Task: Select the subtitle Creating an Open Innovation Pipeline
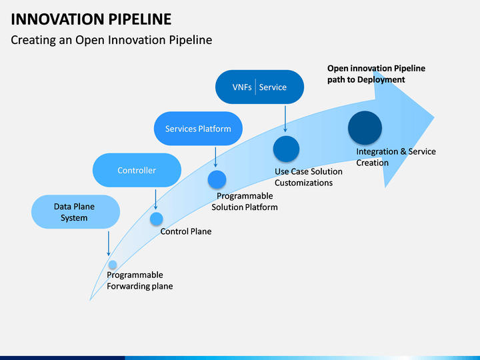coord(111,40)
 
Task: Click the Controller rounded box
coord(137,170)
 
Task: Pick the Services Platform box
coord(198,129)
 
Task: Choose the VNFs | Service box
coord(259,87)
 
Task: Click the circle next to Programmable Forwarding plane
coord(113,265)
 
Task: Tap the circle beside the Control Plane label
coord(156,218)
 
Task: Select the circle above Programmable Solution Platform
coord(217,179)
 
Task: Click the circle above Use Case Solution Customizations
coord(286,149)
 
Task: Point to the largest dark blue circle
coord(365,128)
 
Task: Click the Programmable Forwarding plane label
coord(139,281)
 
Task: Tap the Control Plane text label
coord(185,232)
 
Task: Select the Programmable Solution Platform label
coord(245,201)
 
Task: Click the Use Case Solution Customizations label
coord(308,177)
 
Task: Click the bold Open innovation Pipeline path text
coord(375,74)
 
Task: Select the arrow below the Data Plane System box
coord(108,243)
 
